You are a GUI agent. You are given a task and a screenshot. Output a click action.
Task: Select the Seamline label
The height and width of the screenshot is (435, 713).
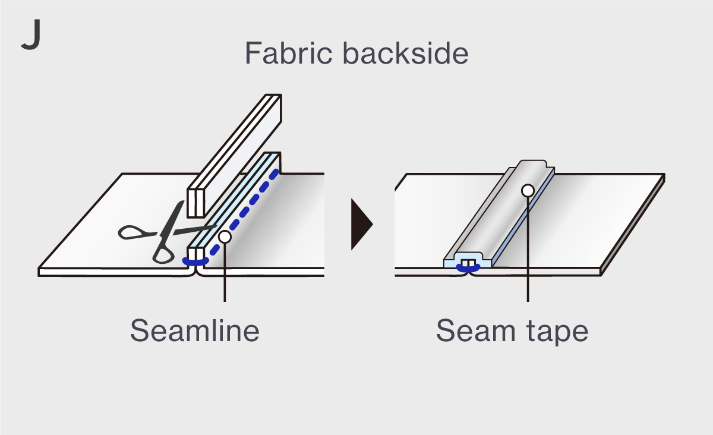tap(195, 330)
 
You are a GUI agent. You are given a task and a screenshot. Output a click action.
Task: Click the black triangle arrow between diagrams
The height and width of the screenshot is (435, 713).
tap(361, 225)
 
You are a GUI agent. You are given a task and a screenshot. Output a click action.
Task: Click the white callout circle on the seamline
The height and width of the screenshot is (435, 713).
tap(224, 236)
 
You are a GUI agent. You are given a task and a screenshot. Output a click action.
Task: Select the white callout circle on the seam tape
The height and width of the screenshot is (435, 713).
tap(527, 190)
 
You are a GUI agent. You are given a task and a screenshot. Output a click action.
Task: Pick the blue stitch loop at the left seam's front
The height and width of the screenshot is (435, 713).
tap(195, 261)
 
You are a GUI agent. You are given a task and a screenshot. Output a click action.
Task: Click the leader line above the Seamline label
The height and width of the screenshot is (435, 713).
tap(225, 279)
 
